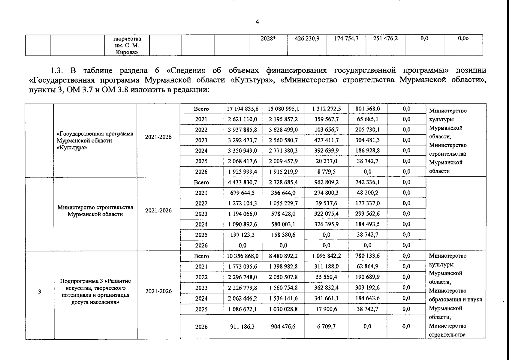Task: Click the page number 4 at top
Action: pyautogui.click(x=257, y=22)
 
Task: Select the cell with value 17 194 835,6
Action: pyautogui.click(x=242, y=109)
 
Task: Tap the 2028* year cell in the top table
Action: pyautogui.click(x=268, y=39)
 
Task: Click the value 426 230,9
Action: pyautogui.click(x=307, y=39)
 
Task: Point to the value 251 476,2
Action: pyautogui.click(x=385, y=39)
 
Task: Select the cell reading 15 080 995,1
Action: pyautogui.click(x=283, y=109)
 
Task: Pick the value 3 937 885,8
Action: pyautogui.click(x=242, y=130)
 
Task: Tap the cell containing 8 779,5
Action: pyautogui.click(x=326, y=172)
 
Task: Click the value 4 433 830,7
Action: pyautogui.click(x=242, y=182)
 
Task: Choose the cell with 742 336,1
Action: pyautogui.click(x=367, y=182)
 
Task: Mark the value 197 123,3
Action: pyautogui.click(x=242, y=235)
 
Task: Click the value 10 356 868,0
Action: pyautogui.click(x=242, y=256)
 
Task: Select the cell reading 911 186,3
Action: pyautogui.click(x=242, y=326)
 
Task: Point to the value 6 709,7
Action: pyautogui.click(x=326, y=326)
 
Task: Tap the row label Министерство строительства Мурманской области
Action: pyautogui.click(x=95, y=211)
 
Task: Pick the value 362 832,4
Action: pyautogui.click(x=326, y=288)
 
